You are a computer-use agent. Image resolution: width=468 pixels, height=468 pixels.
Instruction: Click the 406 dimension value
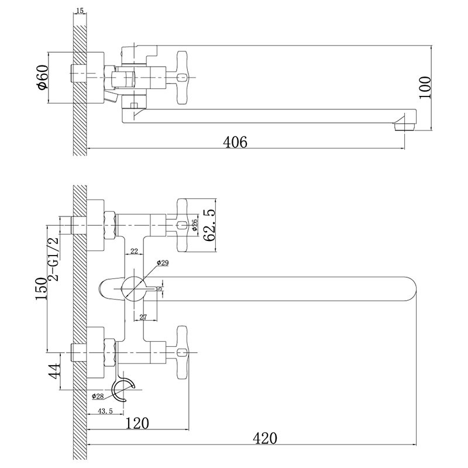point(235,142)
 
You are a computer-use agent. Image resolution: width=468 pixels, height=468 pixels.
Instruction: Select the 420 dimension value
point(265,438)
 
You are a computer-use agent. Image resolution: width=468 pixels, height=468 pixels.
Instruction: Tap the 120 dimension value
point(137,423)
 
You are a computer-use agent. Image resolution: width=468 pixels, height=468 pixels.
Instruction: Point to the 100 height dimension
point(425,87)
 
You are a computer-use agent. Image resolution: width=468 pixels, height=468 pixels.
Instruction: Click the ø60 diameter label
point(42,77)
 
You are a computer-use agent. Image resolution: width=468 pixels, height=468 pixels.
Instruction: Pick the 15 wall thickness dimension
point(80,11)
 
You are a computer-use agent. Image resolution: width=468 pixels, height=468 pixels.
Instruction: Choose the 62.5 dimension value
point(209,225)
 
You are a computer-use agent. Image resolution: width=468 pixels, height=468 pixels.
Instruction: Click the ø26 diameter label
point(194,225)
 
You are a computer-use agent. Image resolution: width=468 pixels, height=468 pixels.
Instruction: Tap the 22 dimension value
point(135,252)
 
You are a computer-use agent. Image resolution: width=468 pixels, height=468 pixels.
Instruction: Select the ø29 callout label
point(163,263)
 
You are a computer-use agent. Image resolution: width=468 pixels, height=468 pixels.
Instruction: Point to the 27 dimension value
point(143,317)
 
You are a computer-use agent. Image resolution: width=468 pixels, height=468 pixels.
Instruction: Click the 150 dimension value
point(42,288)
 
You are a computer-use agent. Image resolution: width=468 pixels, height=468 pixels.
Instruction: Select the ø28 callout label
point(98,397)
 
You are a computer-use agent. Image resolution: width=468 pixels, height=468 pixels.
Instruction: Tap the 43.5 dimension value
point(105,411)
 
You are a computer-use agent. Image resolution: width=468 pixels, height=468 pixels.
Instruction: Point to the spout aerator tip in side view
point(405,126)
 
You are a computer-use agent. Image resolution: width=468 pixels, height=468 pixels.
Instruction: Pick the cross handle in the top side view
point(182,78)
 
